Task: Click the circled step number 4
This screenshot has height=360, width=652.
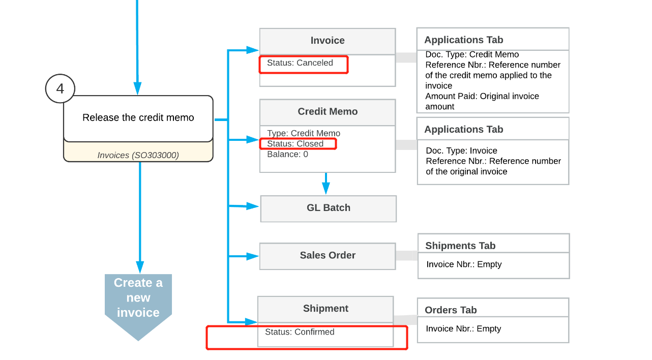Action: click(x=60, y=88)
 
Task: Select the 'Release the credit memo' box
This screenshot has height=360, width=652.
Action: click(x=138, y=118)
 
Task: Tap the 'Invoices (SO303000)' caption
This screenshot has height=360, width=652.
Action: click(x=138, y=155)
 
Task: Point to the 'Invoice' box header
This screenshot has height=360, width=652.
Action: click(x=328, y=41)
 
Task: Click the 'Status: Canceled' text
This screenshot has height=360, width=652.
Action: click(x=300, y=63)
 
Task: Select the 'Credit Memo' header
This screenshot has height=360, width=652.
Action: click(x=328, y=112)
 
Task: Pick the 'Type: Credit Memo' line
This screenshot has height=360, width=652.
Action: click(x=304, y=133)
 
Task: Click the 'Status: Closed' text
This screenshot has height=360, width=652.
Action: click(x=295, y=144)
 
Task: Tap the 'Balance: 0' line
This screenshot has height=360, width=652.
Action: click(x=287, y=154)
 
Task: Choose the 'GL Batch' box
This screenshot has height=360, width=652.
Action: click(x=329, y=208)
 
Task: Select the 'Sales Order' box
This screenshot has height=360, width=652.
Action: click(x=328, y=256)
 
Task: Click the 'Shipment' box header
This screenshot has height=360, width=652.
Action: click(x=325, y=309)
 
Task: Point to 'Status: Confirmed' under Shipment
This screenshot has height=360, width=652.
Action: click(x=300, y=332)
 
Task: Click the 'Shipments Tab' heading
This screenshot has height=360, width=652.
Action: click(x=460, y=246)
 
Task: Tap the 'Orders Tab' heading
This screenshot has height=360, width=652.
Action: click(x=451, y=310)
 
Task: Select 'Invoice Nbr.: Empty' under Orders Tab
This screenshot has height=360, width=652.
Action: click(x=463, y=328)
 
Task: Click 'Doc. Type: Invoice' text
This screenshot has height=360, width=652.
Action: click(x=461, y=151)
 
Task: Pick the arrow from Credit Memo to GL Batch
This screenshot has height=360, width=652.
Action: click(x=326, y=184)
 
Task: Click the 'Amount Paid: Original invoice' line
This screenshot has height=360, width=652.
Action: click(x=482, y=96)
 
